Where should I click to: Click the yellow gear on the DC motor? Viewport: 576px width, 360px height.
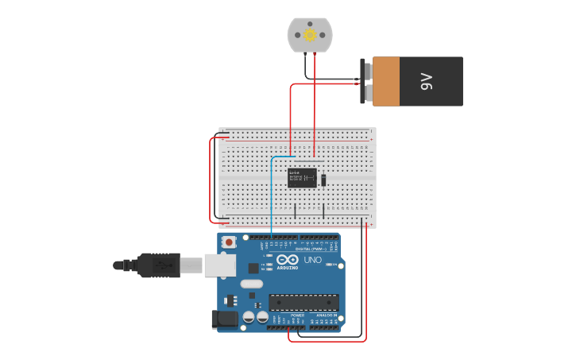coord(310,35)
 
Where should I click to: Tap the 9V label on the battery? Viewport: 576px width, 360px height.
coord(427,81)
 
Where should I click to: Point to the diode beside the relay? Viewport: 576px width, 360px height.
coord(323,180)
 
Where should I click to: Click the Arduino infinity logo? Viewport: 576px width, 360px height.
coord(288,260)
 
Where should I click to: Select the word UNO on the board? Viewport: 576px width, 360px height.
coord(312,260)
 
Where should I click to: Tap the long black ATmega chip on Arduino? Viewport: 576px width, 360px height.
coord(303,302)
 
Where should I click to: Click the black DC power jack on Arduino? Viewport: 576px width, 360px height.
coord(225,319)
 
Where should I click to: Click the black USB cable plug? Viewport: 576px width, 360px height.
coord(159,265)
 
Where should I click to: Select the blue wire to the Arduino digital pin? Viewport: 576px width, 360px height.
coord(272,199)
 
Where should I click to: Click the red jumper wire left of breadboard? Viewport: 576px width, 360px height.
coord(211,180)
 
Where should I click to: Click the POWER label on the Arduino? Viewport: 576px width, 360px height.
coord(297,315)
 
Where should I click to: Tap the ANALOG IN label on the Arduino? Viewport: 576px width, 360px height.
coord(327,315)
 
